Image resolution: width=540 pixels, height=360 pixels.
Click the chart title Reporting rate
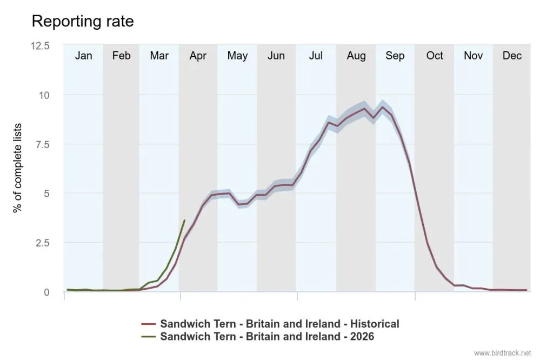(83, 21)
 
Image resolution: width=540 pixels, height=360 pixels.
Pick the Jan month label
(83, 56)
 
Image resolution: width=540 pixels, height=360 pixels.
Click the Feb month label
(121, 56)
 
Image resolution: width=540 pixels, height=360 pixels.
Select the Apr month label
(198, 56)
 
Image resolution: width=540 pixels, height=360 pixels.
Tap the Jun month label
(276, 56)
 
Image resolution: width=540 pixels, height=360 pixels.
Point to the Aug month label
(356, 56)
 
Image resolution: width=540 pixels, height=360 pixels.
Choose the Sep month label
(395, 56)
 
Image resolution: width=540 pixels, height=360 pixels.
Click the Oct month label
(434, 56)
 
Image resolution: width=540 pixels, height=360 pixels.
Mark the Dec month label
(512, 56)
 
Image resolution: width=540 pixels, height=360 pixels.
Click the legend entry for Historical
(279, 324)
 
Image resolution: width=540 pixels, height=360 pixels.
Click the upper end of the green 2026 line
(184, 220)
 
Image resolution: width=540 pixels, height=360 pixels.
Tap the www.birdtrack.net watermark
(503, 353)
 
